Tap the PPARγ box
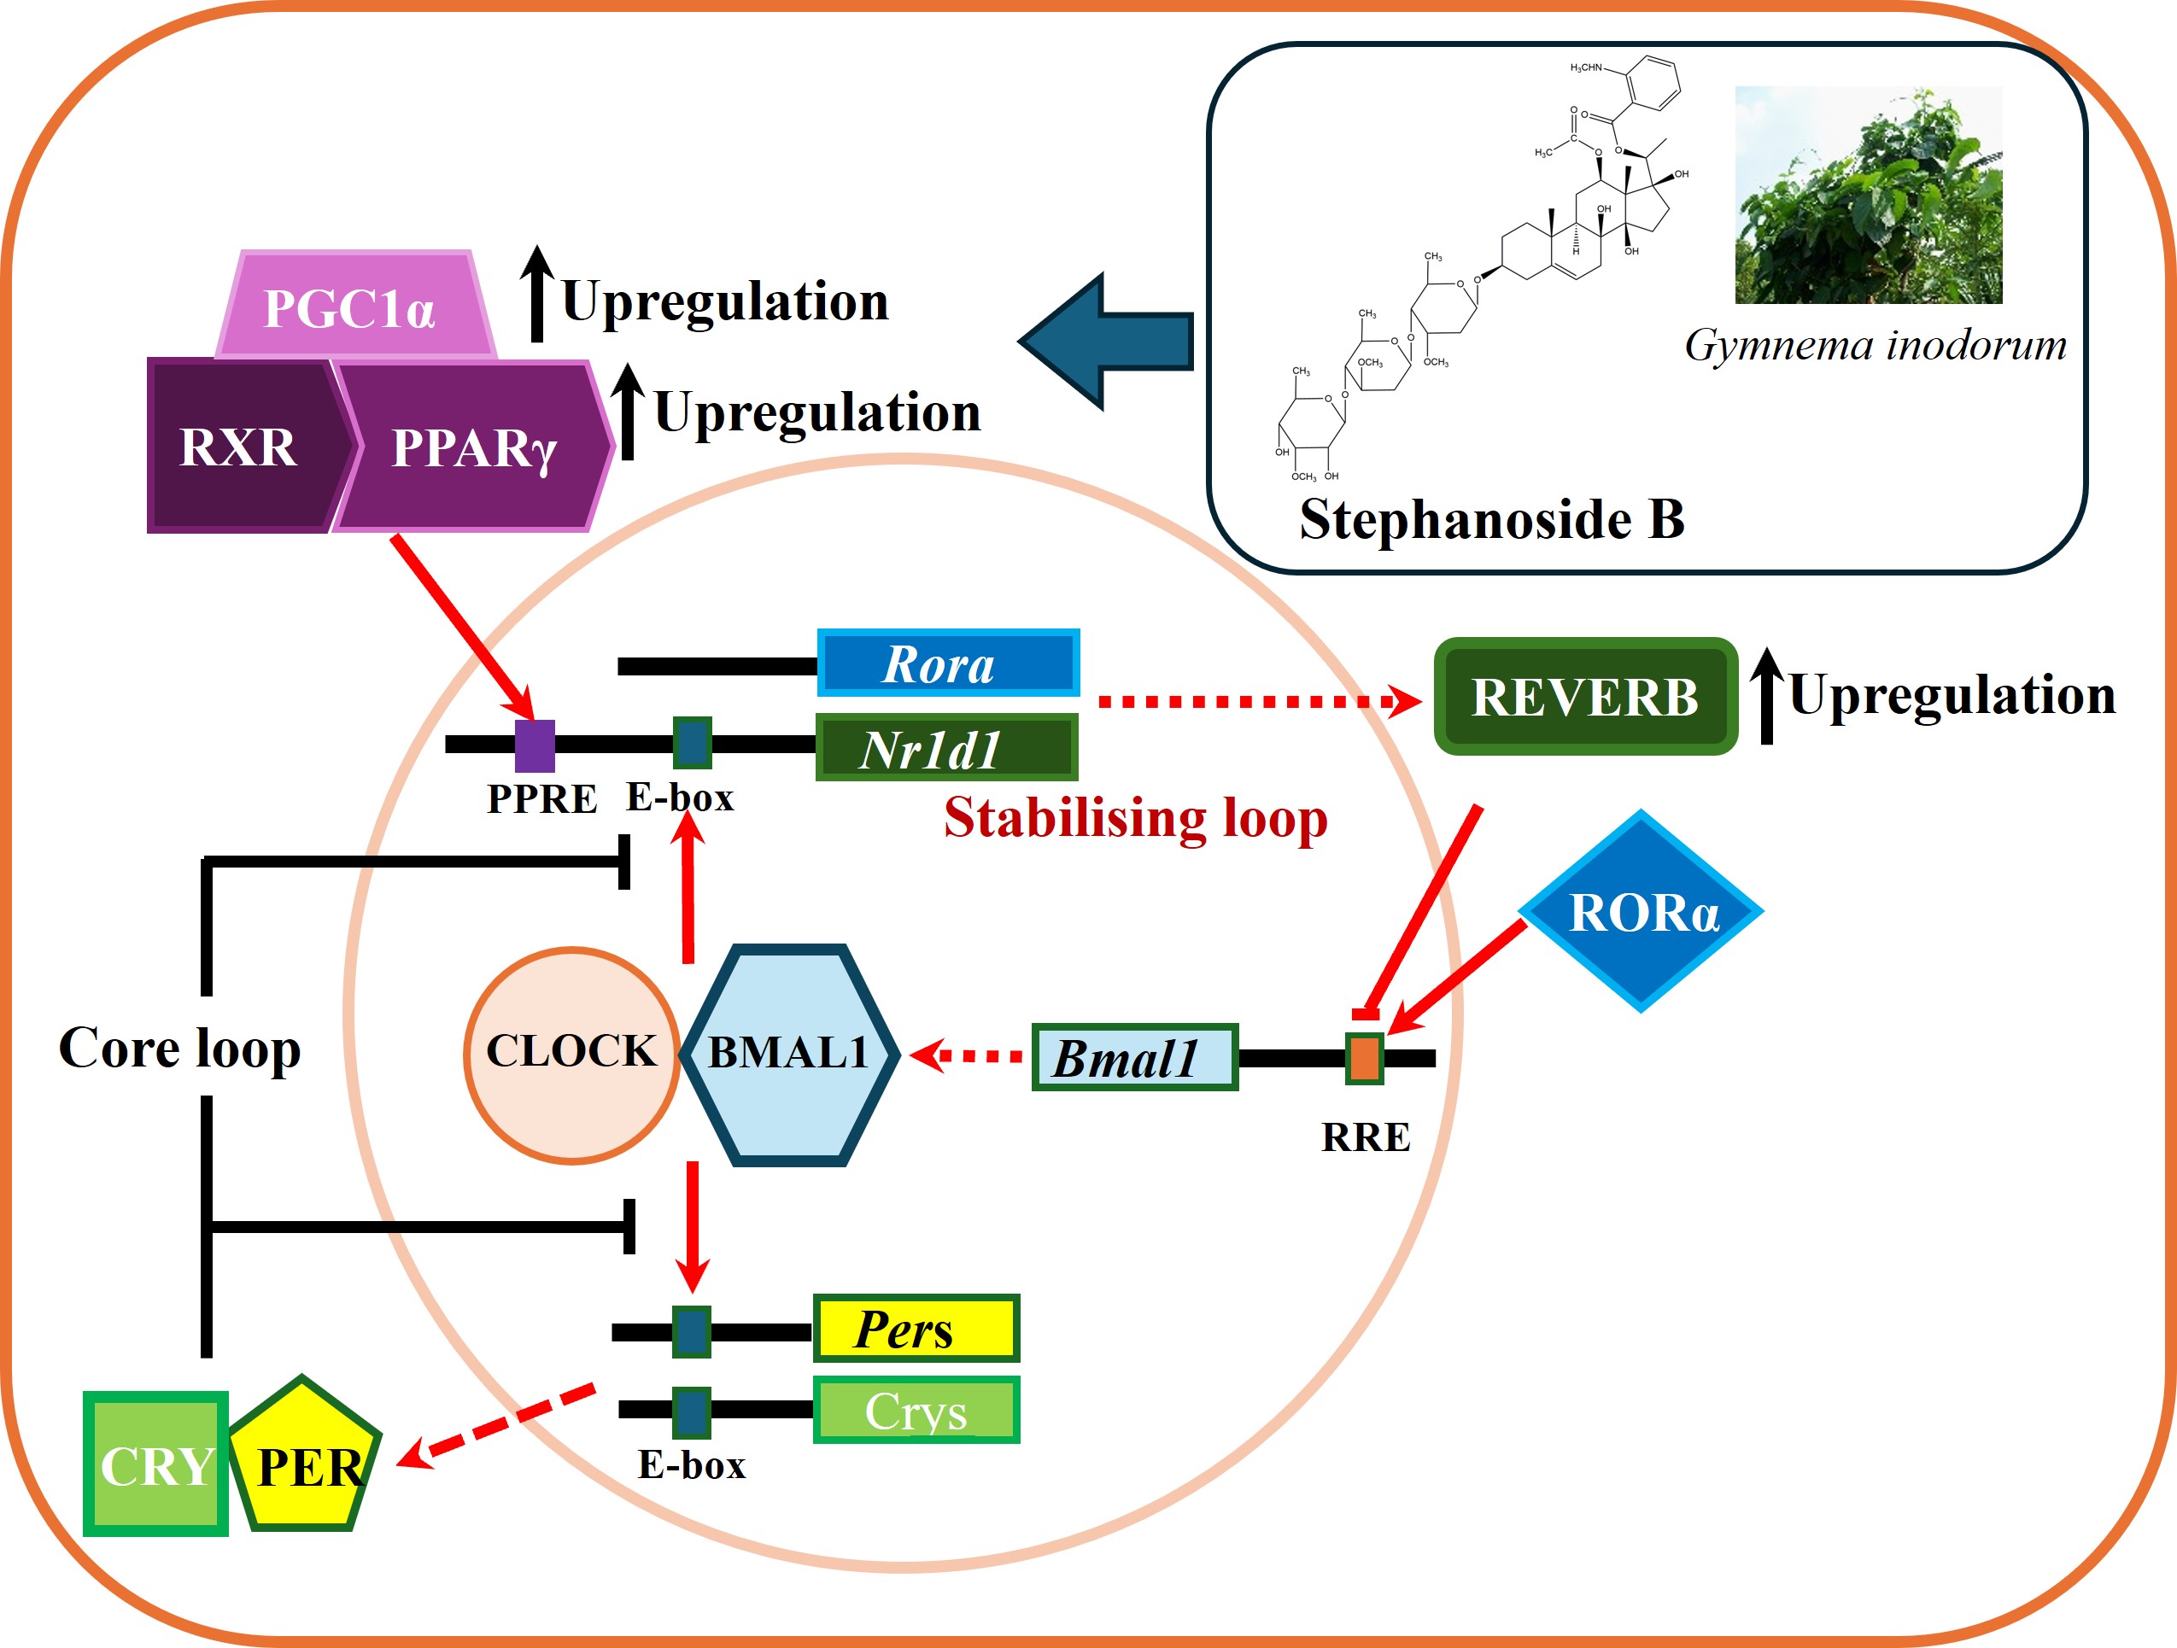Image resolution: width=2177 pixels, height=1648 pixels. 472,447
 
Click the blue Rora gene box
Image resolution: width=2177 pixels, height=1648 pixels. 948,663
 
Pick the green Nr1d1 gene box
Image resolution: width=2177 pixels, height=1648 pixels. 945,748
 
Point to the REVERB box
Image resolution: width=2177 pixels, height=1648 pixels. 1584,697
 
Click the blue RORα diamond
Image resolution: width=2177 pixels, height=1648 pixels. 1642,911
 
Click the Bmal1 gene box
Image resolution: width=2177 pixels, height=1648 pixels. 1134,1058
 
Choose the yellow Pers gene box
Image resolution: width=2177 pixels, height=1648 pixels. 916,1329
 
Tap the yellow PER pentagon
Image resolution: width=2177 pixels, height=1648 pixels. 306,1461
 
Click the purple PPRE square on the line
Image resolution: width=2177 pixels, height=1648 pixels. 535,745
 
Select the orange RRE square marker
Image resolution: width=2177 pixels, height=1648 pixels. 1364,1059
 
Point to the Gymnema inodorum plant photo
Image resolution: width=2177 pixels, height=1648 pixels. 1867,195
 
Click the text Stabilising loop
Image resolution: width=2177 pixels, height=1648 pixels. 1135,818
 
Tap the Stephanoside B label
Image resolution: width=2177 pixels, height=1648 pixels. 1491,518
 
